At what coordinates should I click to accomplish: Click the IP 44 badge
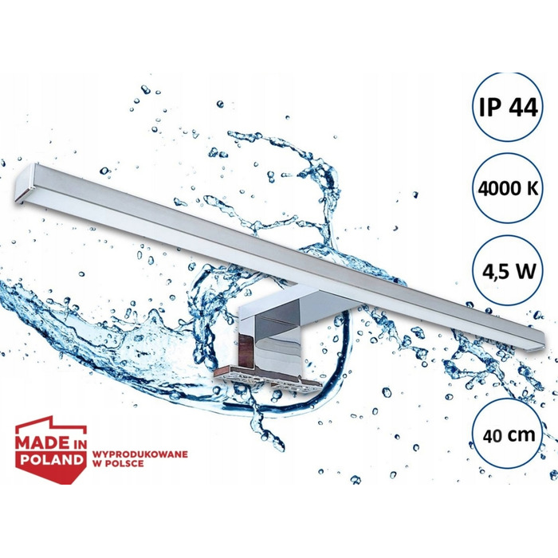pyautogui.click(x=508, y=108)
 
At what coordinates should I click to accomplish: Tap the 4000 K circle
pyautogui.click(x=508, y=188)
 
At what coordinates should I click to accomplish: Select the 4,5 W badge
pyautogui.click(x=508, y=271)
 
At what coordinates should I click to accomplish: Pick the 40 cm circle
pyautogui.click(x=508, y=434)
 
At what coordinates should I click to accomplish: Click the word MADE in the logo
pyautogui.click(x=42, y=442)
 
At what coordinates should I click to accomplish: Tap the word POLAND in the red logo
pyautogui.click(x=51, y=459)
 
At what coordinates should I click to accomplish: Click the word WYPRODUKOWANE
pyautogui.click(x=139, y=454)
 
